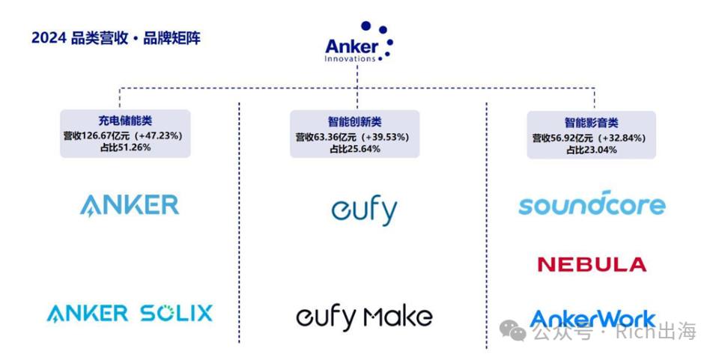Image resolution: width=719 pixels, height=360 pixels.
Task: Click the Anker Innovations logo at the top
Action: coord(359,42)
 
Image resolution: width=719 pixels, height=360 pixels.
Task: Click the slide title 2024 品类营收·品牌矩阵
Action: coord(116,38)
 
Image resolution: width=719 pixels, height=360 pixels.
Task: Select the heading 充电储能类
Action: coord(125,121)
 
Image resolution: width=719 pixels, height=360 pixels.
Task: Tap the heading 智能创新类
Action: coord(354,122)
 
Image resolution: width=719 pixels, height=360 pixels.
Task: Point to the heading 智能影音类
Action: coord(591,123)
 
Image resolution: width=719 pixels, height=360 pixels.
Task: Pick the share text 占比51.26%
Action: coord(125,147)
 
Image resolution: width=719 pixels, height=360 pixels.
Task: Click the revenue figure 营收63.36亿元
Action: coord(326,137)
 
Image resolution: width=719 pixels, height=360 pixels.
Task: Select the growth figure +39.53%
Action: coord(383,137)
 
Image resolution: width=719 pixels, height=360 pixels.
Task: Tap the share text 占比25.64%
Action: coord(354,149)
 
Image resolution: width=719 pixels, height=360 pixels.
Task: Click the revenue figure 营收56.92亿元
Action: coord(562,138)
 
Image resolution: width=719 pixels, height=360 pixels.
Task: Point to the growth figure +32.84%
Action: coord(620,138)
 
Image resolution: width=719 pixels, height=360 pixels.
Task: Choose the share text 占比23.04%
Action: coord(591,150)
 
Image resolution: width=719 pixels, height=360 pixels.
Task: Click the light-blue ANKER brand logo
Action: coord(130,205)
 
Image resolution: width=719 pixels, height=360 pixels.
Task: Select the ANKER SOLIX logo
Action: coord(130,314)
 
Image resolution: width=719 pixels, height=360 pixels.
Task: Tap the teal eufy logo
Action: coord(365,210)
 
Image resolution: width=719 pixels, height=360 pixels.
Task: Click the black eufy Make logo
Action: coord(365,317)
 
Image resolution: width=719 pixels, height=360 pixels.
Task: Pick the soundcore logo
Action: coord(592,204)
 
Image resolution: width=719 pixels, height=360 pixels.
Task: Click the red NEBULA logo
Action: coord(592,264)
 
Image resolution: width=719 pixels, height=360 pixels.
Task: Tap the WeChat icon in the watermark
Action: coord(512,330)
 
